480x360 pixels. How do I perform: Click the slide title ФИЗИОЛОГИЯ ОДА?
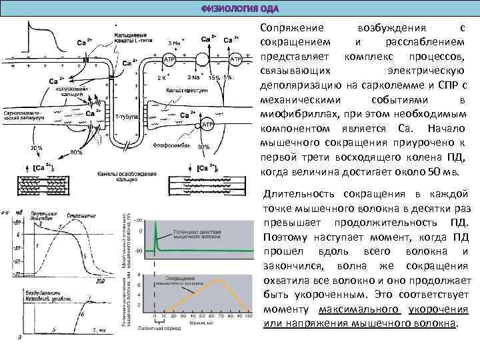[239, 9]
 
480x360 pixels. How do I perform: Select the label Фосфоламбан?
[172, 144]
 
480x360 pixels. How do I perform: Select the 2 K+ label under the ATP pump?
[161, 77]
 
